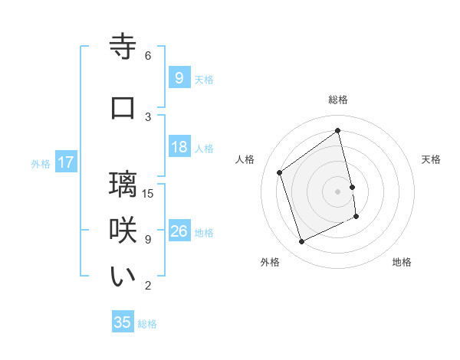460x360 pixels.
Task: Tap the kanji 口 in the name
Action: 123,108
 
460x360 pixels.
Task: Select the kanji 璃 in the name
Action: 123,185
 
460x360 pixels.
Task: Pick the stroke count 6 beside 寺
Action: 147,55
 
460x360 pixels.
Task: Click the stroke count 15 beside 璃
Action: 149,193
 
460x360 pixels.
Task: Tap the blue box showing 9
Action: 179,78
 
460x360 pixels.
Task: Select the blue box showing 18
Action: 179,148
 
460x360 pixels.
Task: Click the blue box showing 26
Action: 179,232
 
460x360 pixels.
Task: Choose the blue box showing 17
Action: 66,162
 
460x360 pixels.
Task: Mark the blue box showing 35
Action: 123,322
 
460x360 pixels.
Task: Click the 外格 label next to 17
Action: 41,163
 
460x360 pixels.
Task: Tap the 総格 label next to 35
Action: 147,324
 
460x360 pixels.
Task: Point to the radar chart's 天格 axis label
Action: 431,159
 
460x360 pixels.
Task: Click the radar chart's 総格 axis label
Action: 338,100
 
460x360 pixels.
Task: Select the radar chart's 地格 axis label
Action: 402,262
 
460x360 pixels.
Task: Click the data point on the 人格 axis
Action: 280,172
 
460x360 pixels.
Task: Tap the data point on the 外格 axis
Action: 301,242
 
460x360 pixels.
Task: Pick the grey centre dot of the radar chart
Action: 337,191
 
